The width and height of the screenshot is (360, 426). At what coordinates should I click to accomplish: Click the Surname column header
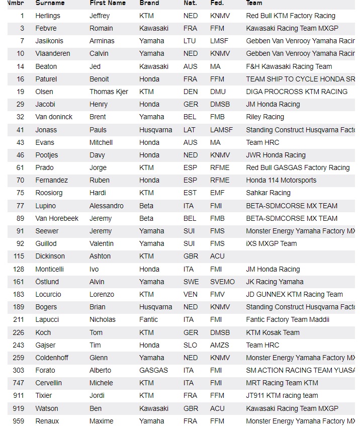50,3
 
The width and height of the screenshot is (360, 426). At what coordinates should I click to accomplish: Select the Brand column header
149,3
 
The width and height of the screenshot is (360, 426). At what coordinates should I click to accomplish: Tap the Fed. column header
217,3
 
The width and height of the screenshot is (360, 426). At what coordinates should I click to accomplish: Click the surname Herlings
48,16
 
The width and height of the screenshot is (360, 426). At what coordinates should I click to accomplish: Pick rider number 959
18,421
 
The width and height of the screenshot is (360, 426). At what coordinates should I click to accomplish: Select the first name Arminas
102,41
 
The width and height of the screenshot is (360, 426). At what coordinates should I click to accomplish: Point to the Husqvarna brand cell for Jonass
156,130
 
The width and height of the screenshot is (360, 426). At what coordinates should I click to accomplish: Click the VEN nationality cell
191,294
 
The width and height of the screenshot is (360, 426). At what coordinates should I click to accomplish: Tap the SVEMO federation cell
222,282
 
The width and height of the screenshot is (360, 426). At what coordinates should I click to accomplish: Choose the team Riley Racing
265,117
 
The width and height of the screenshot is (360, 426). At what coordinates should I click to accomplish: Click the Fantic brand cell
149,319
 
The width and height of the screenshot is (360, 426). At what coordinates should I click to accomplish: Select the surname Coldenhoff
52,358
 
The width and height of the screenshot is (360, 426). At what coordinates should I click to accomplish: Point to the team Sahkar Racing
268,193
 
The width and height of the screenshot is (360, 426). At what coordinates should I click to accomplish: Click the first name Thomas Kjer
109,92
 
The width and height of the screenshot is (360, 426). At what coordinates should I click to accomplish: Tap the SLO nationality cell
191,345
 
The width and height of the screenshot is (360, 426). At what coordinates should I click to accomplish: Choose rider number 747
18,383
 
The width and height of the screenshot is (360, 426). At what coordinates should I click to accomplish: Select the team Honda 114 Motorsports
281,180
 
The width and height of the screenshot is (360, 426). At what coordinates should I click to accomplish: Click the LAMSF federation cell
222,130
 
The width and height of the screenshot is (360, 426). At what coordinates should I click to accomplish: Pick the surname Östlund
47,282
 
